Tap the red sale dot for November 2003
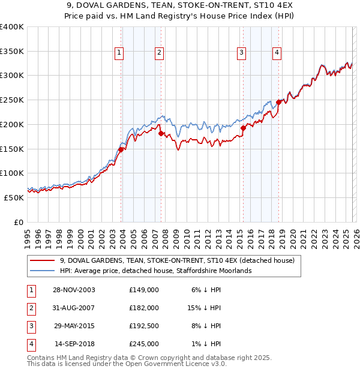pos(121,149)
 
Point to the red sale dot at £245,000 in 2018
pos(278,102)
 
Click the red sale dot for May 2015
pos(243,128)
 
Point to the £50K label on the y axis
pos(14,197)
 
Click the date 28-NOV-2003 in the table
pos(74,290)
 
